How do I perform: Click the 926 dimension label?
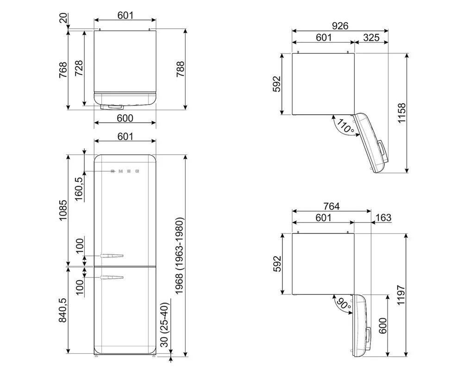[x=340, y=26]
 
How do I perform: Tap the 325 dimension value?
[x=371, y=37]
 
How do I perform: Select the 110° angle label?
[x=345, y=126]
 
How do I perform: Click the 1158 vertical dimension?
[x=401, y=113]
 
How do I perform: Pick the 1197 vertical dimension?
[x=400, y=295]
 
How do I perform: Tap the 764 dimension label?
[x=332, y=206]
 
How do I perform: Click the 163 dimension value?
[x=383, y=217]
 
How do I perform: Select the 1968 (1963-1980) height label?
[x=180, y=256]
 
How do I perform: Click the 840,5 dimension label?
[x=63, y=310]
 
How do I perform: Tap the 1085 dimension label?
[x=63, y=210]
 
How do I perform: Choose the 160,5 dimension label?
[x=79, y=189]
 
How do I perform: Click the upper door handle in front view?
[x=112, y=256]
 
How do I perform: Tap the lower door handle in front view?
[x=112, y=277]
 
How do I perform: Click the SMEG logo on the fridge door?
[x=125, y=171]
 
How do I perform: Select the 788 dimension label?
[x=180, y=69]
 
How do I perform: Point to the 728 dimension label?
[x=79, y=68]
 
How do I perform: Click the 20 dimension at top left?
[x=63, y=19]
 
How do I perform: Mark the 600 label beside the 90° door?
[x=382, y=326]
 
